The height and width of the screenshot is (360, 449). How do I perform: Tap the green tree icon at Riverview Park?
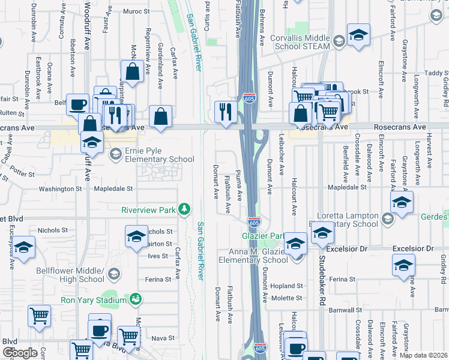187,209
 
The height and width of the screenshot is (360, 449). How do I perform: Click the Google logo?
20,353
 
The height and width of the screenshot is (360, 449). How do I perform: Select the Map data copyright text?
424,355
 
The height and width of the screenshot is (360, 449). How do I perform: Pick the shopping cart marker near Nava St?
129,337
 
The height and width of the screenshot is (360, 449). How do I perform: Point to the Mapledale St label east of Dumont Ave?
346,187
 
